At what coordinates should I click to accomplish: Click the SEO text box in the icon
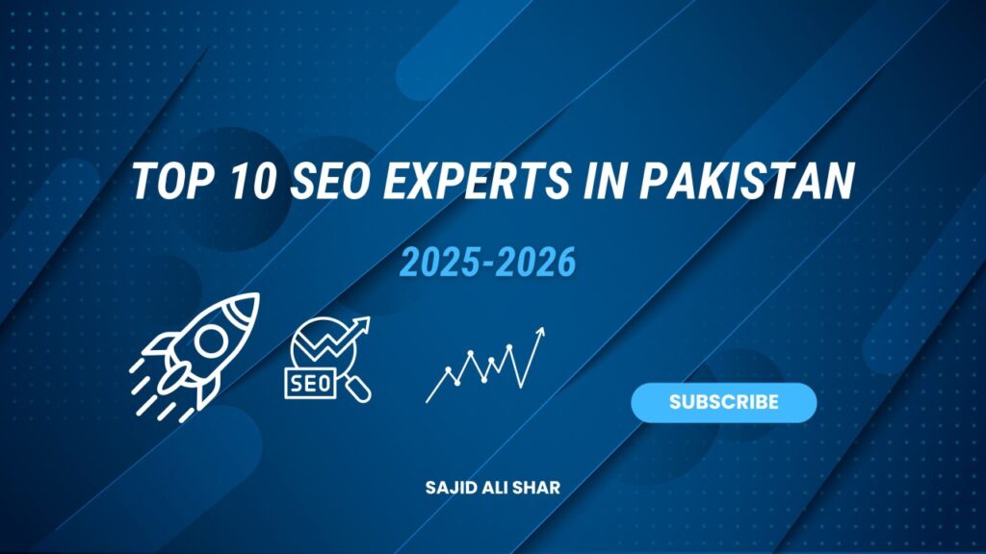coord(308,383)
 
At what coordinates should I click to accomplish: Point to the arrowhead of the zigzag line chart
coord(541,332)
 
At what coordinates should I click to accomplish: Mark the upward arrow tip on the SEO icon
coord(370,320)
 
